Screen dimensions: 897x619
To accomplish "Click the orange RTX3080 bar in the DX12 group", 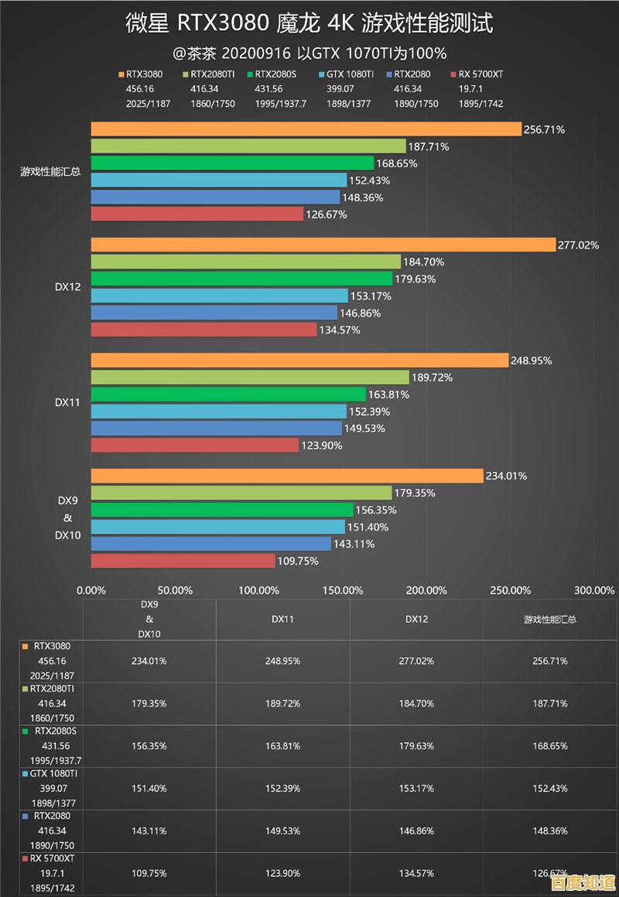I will pyautogui.click(x=323, y=245).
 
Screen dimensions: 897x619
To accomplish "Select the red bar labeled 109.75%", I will pyautogui.click(x=183, y=561).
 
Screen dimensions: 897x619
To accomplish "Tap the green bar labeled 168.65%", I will pyautogui.click(x=233, y=163).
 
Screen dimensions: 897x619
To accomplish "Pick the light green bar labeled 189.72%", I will pyautogui.click(x=250, y=378).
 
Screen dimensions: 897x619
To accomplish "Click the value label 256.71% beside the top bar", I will pyautogui.click(x=544, y=129).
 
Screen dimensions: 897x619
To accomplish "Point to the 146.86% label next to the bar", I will pyautogui.click(x=362, y=313).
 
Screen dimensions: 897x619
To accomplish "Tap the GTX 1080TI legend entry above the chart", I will pyautogui.click(x=346, y=74).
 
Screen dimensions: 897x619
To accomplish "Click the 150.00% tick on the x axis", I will pyautogui.click(x=342, y=591).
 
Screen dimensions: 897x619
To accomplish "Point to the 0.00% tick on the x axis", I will pyautogui.click(x=92, y=591).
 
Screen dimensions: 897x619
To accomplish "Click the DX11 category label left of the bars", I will pyautogui.click(x=68, y=402).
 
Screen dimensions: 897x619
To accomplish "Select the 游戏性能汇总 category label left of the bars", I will pyautogui.click(x=50, y=172).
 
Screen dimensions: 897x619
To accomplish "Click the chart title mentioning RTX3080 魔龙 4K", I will pyautogui.click(x=309, y=24).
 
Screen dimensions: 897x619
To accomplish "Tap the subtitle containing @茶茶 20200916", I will pyautogui.click(x=309, y=53).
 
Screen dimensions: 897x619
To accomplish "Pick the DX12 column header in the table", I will pyautogui.click(x=416, y=619).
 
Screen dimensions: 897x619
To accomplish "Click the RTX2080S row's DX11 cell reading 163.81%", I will pyautogui.click(x=282, y=746).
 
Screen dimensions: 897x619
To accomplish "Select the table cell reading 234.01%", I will pyautogui.click(x=149, y=661).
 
